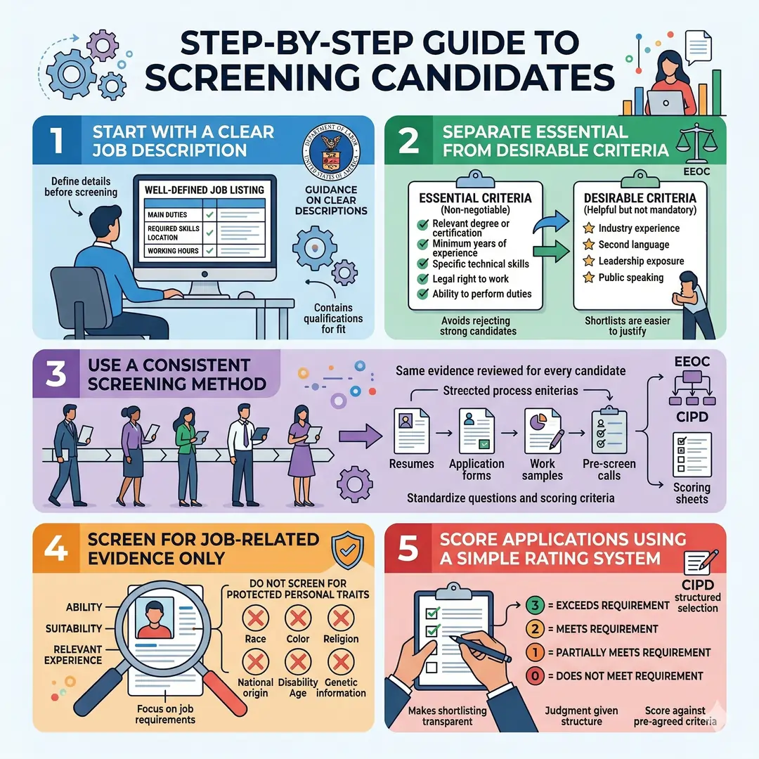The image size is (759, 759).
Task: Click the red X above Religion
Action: point(341,618)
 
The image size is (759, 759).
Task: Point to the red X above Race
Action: point(255,618)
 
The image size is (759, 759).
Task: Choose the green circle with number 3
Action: point(534,605)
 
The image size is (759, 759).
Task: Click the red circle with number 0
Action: point(534,675)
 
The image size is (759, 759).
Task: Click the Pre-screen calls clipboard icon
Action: point(609,430)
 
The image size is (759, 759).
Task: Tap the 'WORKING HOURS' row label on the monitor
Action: point(172,251)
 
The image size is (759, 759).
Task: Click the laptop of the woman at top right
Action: point(664,103)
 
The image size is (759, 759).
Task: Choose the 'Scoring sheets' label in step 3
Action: point(692,494)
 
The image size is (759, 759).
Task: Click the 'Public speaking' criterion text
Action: point(630,278)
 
